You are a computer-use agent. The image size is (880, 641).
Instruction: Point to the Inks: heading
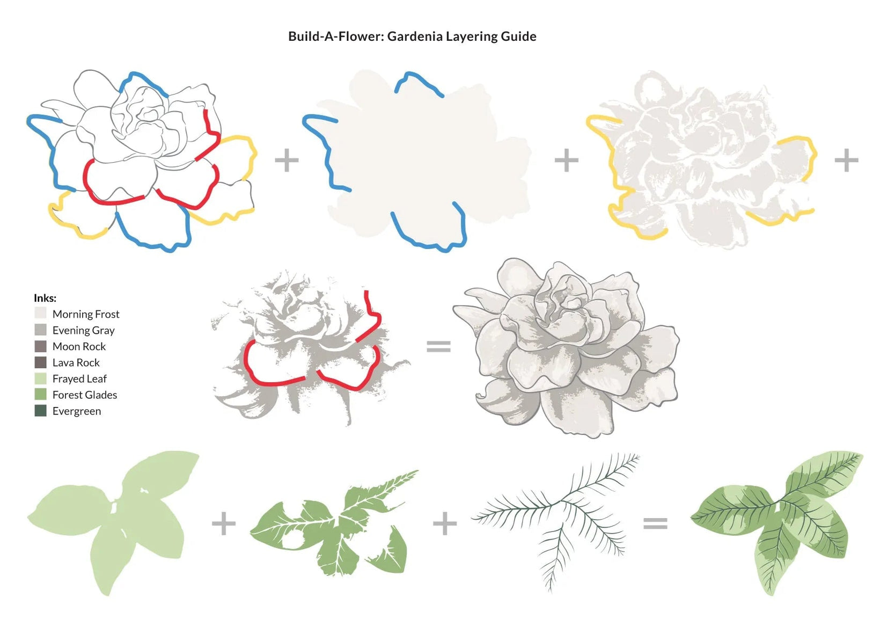(45, 298)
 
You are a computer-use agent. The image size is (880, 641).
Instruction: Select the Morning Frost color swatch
(40, 313)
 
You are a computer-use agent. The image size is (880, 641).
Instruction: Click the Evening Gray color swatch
(40, 330)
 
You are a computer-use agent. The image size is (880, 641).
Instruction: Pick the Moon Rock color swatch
(40, 346)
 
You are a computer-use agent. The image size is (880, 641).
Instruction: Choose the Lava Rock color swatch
(40, 362)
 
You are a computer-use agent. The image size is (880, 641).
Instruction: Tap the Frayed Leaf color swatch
(40, 378)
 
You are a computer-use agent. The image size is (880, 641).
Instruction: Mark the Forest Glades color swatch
(40, 395)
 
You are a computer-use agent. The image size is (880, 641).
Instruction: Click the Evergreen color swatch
(40, 411)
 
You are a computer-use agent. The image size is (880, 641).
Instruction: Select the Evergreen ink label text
(77, 411)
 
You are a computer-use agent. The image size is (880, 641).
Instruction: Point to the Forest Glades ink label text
(85, 395)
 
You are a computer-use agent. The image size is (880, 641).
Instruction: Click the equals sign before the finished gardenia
(438, 346)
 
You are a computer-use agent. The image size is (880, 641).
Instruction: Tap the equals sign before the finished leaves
(655, 523)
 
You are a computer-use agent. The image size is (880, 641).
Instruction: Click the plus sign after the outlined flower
(287, 160)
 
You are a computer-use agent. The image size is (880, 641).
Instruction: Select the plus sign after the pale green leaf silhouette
(224, 523)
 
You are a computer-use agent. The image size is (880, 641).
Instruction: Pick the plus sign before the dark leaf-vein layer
(445, 523)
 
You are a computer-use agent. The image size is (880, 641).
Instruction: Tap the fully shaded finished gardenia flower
(566, 348)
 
